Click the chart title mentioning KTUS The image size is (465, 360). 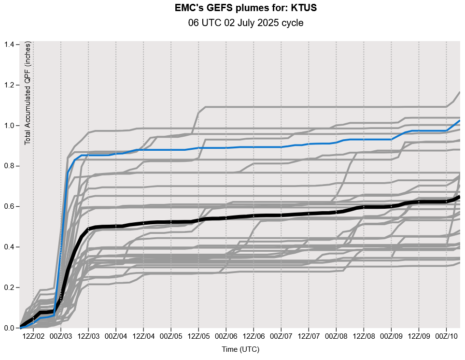pos(246,8)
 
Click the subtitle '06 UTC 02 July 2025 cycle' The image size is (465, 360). pos(246,23)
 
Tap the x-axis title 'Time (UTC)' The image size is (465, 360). pos(240,349)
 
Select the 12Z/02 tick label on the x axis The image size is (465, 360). pos(33,335)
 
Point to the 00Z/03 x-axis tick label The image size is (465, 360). pos(61,335)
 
